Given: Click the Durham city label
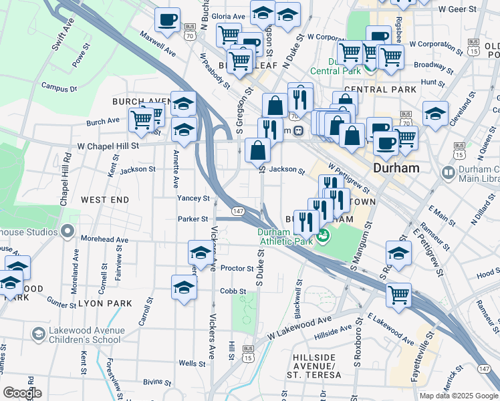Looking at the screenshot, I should click(396, 168).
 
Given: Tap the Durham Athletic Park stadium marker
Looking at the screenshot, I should click(324, 235).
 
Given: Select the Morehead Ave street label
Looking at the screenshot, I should click(104, 239).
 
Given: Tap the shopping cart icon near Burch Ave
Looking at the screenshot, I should click(141, 119).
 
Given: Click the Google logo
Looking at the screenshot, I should click(22, 393).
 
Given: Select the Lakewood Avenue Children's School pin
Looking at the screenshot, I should click(39, 333).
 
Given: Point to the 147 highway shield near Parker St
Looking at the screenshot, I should click(237, 211).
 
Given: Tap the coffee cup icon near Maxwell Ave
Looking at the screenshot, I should click(167, 19).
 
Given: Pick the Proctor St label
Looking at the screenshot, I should click(237, 269).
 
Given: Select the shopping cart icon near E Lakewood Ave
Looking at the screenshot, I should click(398, 294).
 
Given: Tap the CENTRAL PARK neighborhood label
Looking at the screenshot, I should click(380, 89).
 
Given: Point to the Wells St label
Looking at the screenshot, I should click(193, 364).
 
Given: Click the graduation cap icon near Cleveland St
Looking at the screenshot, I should click(435, 113).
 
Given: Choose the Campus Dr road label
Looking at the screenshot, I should click(59, 87).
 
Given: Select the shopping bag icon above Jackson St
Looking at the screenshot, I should click(258, 150).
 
